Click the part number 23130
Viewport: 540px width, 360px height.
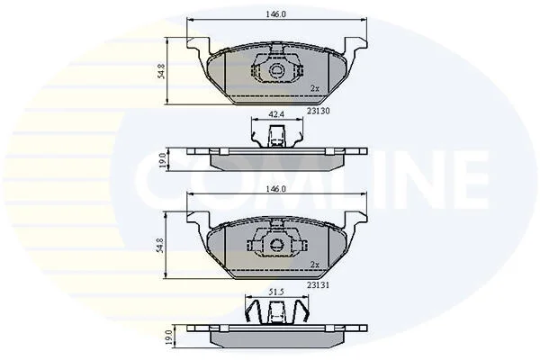coord(319,111)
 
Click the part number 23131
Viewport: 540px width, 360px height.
coord(319,285)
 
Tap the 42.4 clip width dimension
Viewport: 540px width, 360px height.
coord(277,114)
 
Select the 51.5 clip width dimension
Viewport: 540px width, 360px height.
coord(276,292)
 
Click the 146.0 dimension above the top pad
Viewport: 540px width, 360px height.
coord(276,14)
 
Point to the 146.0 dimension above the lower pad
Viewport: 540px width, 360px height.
coord(276,189)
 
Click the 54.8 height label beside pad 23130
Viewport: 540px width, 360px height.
coord(161,71)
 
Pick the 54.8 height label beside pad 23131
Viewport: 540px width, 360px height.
coord(161,246)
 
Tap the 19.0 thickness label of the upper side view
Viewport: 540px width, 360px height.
coord(163,160)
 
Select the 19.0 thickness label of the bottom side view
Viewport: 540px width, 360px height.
coord(168,337)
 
